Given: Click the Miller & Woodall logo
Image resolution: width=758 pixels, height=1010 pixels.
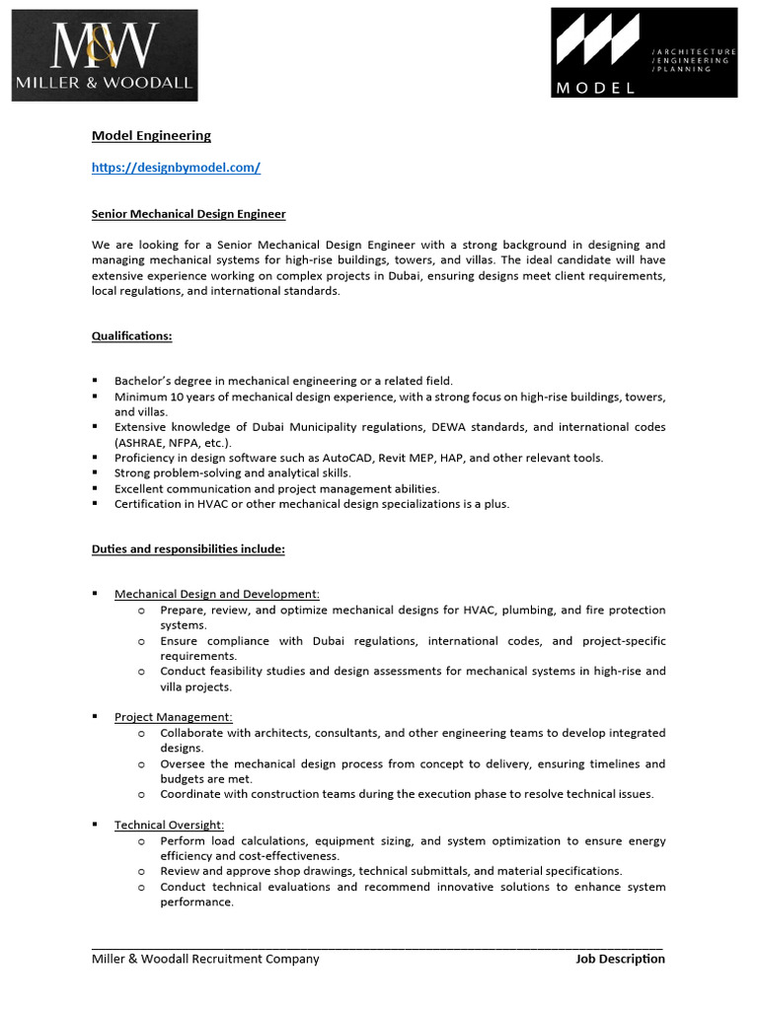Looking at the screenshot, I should pyautogui.click(x=106, y=55).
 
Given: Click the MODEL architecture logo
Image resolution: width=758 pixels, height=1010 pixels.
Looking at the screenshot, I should pyautogui.click(x=644, y=52).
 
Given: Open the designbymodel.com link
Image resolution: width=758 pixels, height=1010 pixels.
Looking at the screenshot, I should pyautogui.click(x=176, y=168).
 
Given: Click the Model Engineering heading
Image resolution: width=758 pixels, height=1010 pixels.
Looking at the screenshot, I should pyautogui.click(x=151, y=136).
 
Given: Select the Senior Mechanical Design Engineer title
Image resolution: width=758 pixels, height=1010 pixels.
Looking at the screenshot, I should pyautogui.click(x=189, y=213).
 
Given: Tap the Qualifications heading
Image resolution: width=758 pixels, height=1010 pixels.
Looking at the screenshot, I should pyautogui.click(x=131, y=335).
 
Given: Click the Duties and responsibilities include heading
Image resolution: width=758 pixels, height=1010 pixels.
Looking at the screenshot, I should pyautogui.click(x=189, y=548).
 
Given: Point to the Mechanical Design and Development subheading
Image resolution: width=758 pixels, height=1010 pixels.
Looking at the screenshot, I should pyautogui.click(x=216, y=594).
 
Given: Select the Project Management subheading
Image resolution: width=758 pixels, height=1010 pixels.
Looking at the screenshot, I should pyautogui.click(x=173, y=717).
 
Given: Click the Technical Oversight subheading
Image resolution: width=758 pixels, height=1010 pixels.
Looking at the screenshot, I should pyautogui.click(x=169, y=825).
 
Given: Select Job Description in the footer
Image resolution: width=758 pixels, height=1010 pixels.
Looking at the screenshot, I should pyautogui.click(x=620, y=959).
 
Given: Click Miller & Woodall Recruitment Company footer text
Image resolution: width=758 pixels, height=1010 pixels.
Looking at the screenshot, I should pyautogui.click(x=205, y=959).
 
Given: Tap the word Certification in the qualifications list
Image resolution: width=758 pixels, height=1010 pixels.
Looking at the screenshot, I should pyautogui.click(x=151, y=504).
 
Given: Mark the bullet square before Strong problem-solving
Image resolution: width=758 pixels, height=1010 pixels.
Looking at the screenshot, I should pyautogui.click(x=95, y=472).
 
